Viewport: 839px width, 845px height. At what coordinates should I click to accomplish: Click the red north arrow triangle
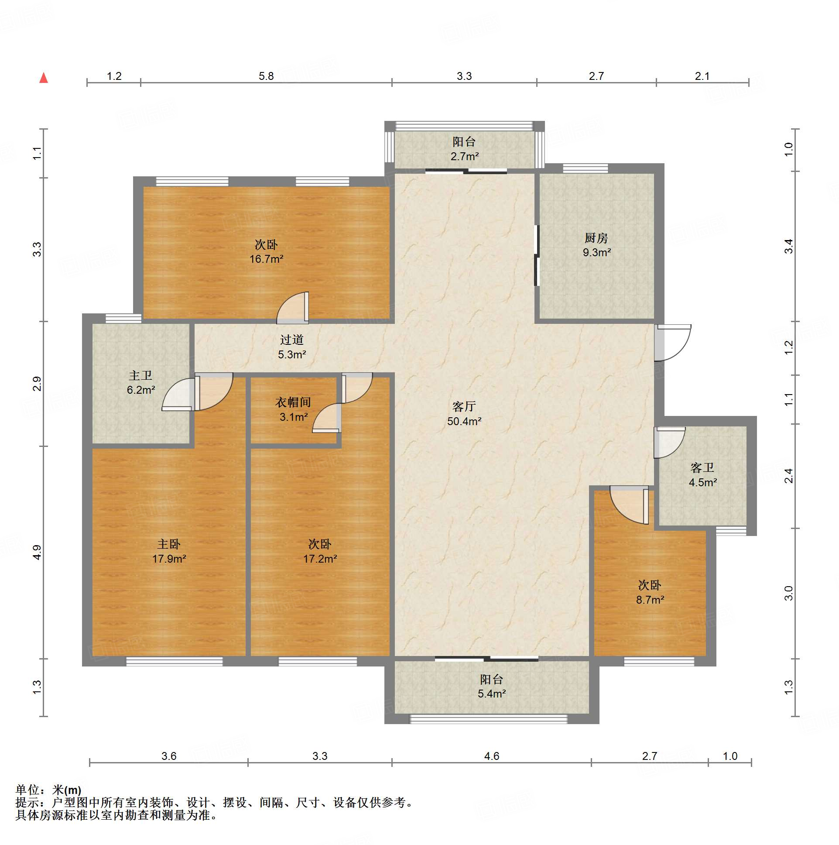click(x=44, y=78)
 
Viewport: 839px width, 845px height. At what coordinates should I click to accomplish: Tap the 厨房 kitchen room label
click(x=596, y=238)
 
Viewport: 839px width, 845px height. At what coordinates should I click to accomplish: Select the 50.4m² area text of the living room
click(x=464, y=421)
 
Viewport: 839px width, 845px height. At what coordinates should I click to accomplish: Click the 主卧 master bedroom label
click(x=169, y=544)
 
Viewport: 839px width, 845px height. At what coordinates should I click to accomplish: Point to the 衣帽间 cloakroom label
click(x=293, y=402)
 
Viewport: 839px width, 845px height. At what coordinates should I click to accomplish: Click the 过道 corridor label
click(x=291, y=340)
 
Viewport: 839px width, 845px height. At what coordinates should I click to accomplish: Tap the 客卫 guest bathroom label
click(x=702, y=468)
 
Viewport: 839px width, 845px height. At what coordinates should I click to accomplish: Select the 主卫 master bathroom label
click(x=140, y=375)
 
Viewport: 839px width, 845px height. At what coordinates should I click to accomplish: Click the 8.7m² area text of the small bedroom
click(x=650, y=600)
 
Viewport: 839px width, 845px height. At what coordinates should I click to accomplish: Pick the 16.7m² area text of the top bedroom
click(x=266, y=259)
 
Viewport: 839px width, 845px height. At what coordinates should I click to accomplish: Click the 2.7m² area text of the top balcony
click(x=465, y=156)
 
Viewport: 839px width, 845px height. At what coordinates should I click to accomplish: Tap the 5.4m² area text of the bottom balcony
click(x=492, y=694)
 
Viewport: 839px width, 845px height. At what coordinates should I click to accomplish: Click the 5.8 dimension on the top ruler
click(x=266, y=76)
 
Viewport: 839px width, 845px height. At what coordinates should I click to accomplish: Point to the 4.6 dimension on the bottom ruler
click(x=491, y=756)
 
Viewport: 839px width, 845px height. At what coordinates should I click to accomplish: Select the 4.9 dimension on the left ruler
click(x=37, y=553)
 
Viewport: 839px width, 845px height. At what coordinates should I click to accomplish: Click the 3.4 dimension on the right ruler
click(x=788, y=246)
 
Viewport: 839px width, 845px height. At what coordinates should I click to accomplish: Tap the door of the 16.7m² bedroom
click(x=292, y=308)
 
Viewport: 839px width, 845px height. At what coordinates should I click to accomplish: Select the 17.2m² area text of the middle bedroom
click(x=320, y=559)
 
